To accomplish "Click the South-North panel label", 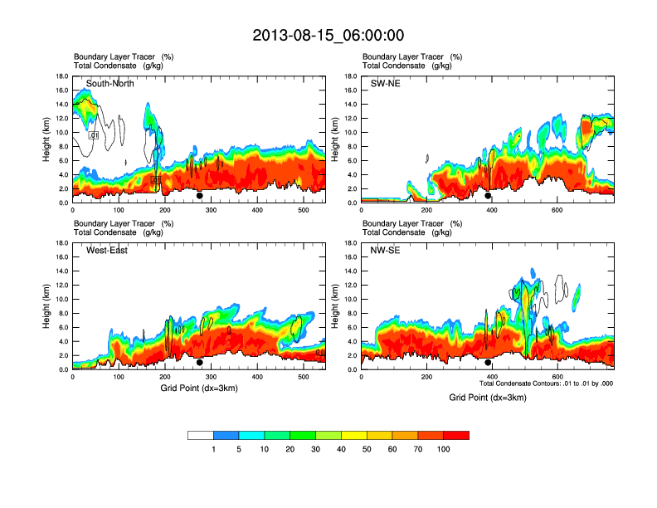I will coord(110,83).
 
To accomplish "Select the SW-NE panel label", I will coord(385,83).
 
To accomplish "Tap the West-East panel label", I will coord(107,250).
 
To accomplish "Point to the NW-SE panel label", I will coord(386,250).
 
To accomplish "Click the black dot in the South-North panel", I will coord(200,196).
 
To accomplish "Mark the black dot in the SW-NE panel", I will coord(488,196).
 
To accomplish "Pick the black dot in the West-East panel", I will coord(200,363).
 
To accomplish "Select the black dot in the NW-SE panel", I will coord(488,363).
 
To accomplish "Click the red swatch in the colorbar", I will coord(456,435).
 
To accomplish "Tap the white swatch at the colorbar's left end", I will coord(200,435).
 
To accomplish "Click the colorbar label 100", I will coord(444,449).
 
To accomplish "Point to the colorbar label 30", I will coord(315,449).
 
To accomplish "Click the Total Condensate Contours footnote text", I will coord(546,383).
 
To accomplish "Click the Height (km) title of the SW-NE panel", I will coord(334,139).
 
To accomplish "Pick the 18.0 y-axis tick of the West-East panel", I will coord(61,243).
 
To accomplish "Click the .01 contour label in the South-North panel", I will coord(94,134).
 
